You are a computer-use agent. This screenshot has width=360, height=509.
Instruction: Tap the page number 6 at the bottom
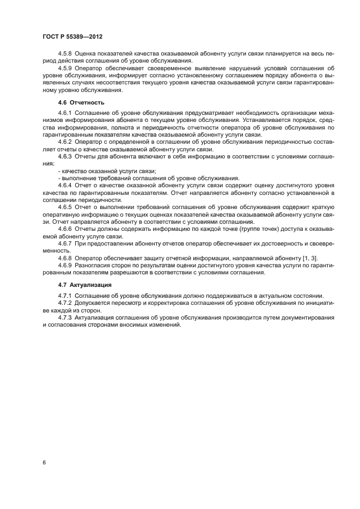(x=43, y=462)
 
